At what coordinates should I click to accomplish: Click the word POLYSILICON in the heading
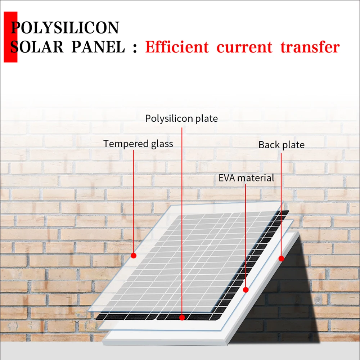[65, 28]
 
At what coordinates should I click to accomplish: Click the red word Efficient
[177, 47]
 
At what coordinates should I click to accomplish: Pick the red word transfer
[310, 47]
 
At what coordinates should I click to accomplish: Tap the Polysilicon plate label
[181, 118]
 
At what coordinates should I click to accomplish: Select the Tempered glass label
[138, 144]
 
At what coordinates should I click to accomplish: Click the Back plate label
[282, 145]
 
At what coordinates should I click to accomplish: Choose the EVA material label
[246, 178]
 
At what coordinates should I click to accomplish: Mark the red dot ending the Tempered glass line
[134, 256]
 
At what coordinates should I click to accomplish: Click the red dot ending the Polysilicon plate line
[182, 318]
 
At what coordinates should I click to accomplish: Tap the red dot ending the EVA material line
[246, 289]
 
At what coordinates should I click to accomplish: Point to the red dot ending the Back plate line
[282, 258]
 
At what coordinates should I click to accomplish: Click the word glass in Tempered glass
[161, 144]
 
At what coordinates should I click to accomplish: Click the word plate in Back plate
[293, 145]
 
